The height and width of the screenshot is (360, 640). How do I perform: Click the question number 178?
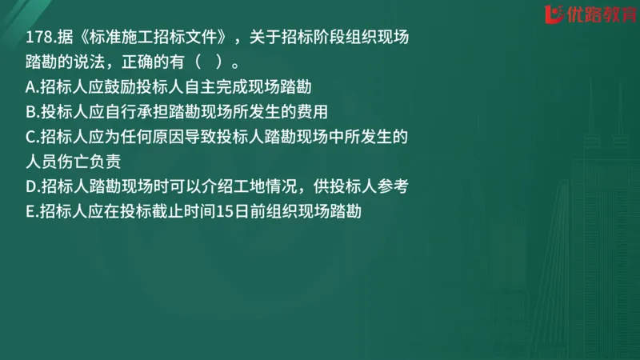pos(38,38)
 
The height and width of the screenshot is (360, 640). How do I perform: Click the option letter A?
pos(30,87)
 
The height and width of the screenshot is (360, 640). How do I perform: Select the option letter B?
pos(30,112)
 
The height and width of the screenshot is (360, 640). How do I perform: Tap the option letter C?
pos(30,137)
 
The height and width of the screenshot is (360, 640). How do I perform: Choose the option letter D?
pos(30,186)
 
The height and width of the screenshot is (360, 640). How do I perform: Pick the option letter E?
pos(30,211)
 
